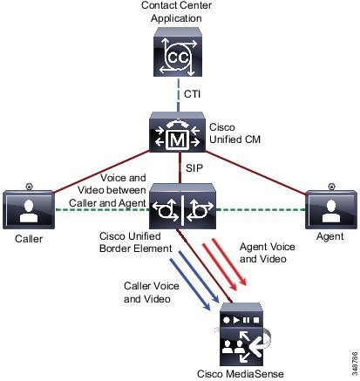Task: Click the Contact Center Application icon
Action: [x=178, y=52]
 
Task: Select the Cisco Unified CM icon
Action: [x=177, y=133]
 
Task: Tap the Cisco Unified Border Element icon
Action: [x=182, y=206]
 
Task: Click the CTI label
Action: [x=192, y=94]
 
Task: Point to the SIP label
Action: [x=194, y=168]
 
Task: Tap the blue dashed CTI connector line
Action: [x=178, y=94]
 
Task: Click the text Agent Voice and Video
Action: [x=267, y=253]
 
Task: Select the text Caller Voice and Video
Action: [x=151, y=292]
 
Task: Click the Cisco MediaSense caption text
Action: [x=241, y=374]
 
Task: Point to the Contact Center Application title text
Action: [x=176, y=11]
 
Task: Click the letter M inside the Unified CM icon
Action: [x=177, y=140]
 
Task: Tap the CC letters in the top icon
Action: [x=178, y=58]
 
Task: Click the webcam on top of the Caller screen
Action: [x=29, y=187]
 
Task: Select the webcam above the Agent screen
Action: [x=331, y=187]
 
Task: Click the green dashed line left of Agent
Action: [x=261, y=209]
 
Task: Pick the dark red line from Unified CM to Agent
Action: [x=255, y=173]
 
